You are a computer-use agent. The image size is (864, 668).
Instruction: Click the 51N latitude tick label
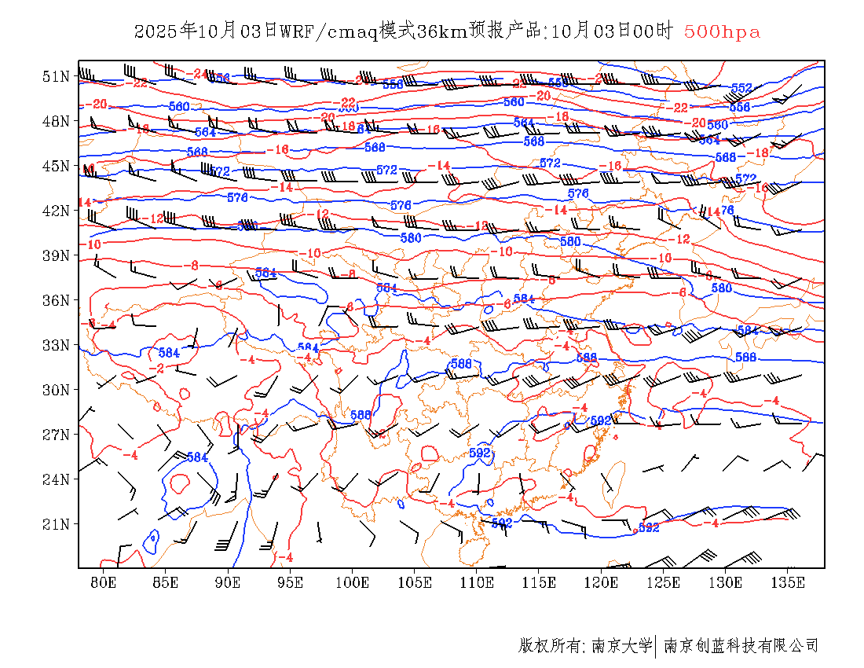[57, 76]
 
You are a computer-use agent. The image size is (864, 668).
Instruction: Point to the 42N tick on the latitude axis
[57, 211]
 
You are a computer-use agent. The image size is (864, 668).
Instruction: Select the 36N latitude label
[57, 300]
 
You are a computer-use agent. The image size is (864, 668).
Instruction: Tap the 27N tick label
[57, 435]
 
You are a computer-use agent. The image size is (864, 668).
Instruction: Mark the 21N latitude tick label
[57, 524]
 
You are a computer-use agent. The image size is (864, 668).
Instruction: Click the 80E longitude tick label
[103, 582]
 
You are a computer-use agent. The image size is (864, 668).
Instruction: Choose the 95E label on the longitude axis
[290, 582]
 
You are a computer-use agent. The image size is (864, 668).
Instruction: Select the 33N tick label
[57, 345]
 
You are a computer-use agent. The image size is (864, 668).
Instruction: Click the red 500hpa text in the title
[722, 31]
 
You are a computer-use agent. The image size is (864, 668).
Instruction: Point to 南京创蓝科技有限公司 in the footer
[741, 646]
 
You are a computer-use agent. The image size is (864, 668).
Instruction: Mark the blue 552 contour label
[741, 88]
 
